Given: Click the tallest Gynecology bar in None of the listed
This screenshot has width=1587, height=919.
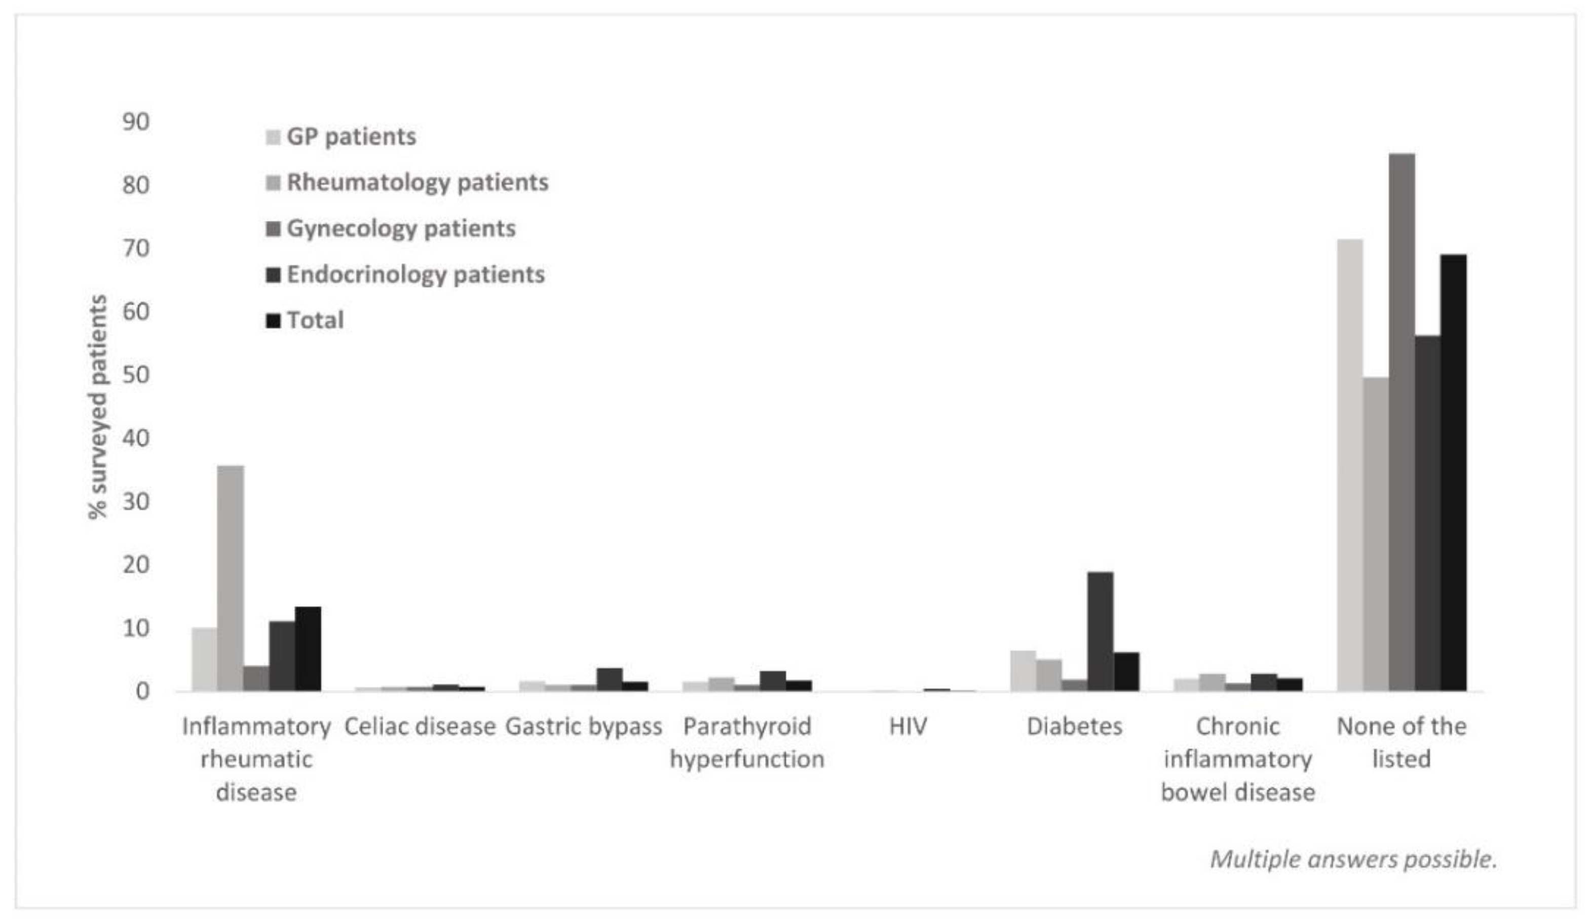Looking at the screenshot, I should (x=1402, y=422).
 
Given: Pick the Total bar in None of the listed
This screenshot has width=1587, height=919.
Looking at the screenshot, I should (x=1454, y=472).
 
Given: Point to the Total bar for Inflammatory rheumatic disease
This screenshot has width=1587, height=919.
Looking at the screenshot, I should (x=308, y=648).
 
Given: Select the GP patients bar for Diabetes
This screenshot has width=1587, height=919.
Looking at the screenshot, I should (x=1023, y=670).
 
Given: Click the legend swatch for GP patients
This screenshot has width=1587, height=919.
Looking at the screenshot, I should (x=273, y=137).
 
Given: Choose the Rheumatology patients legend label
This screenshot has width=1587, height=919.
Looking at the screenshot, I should (x=417, y=183).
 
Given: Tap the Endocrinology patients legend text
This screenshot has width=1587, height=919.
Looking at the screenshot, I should (x=415, y=274).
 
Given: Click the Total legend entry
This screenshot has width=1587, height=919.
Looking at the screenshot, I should (x=315, y=321).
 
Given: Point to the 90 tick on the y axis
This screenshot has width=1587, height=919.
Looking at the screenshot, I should (x=136, y=122).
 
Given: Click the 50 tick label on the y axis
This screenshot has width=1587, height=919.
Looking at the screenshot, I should (x=136, y=375).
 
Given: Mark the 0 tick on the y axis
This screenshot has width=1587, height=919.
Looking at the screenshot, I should (x=142, y=691).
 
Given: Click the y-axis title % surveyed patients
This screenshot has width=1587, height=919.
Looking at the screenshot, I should (x=98, y=407).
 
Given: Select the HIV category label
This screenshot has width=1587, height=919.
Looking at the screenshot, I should (x=908, y=727).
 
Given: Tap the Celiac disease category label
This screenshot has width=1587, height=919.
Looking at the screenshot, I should (x=420, y=727).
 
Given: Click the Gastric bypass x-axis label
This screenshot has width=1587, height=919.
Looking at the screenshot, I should (x=583, y=727).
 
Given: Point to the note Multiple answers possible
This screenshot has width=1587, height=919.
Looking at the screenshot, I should (x=1353, y=859).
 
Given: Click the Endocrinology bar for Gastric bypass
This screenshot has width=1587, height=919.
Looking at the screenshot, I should (x=610, y=679).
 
